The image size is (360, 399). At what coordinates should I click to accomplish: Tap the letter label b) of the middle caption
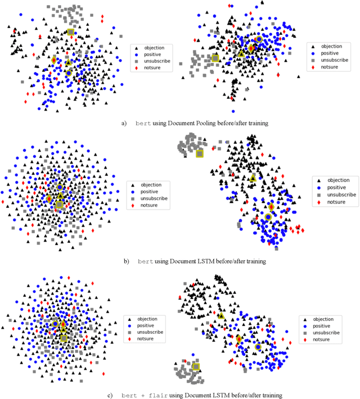coord(127,261)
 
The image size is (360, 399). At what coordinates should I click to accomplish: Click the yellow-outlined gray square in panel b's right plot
coord(199,153)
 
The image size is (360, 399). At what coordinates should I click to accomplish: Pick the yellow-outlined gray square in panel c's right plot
coord(196,367)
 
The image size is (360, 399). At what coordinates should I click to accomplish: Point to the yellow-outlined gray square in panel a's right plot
coord(215,57)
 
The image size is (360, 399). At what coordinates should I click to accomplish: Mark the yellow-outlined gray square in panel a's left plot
coord(71,32)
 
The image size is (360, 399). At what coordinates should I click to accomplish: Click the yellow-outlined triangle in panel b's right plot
coord(253,178)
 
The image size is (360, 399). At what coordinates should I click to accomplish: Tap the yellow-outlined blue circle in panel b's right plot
coord(268,217)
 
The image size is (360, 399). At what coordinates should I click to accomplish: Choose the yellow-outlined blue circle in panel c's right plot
coord(258,347)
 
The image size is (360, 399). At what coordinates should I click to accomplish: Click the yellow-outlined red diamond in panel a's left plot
coord(54,60)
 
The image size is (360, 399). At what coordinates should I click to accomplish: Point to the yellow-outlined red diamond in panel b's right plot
coord(271,207)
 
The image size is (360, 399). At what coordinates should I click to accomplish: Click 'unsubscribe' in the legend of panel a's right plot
coord(336,60)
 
